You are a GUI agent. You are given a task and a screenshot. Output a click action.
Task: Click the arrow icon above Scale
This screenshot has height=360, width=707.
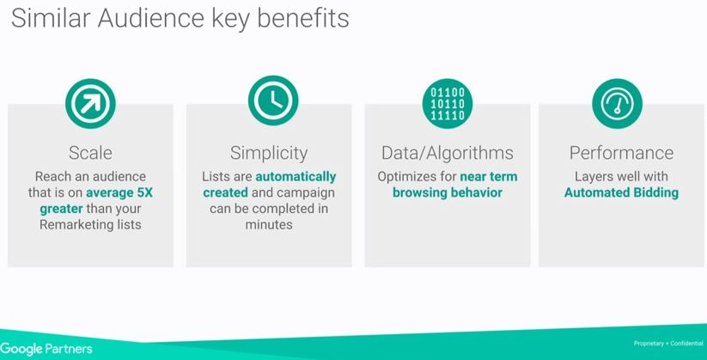[90, 104]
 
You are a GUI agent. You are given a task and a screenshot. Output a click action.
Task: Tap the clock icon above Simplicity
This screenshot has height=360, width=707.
[273, 101]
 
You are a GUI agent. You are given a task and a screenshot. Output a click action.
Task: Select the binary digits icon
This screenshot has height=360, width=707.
[448, 104]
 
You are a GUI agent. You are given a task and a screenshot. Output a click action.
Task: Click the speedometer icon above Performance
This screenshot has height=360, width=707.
[617, 104]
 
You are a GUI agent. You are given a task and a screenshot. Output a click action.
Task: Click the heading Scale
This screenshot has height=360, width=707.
[90, 152]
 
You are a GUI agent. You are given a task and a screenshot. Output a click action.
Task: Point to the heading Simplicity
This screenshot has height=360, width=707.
[269, 154]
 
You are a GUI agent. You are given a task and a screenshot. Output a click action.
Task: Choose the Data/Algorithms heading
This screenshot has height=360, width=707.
[448, 154]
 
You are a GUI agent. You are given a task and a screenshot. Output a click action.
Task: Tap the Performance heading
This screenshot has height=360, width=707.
[621, 152]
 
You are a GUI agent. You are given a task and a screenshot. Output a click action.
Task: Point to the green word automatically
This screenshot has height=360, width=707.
[296, 177]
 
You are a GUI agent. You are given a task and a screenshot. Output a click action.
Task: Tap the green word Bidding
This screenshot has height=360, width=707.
[656, 193]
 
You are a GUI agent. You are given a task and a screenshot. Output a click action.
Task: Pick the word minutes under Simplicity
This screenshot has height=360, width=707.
[269, 224]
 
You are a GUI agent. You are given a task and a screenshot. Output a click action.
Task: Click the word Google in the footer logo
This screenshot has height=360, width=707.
[21, 349]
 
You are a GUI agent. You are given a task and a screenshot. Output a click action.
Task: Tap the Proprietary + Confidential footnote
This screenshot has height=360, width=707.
[668, 344]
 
